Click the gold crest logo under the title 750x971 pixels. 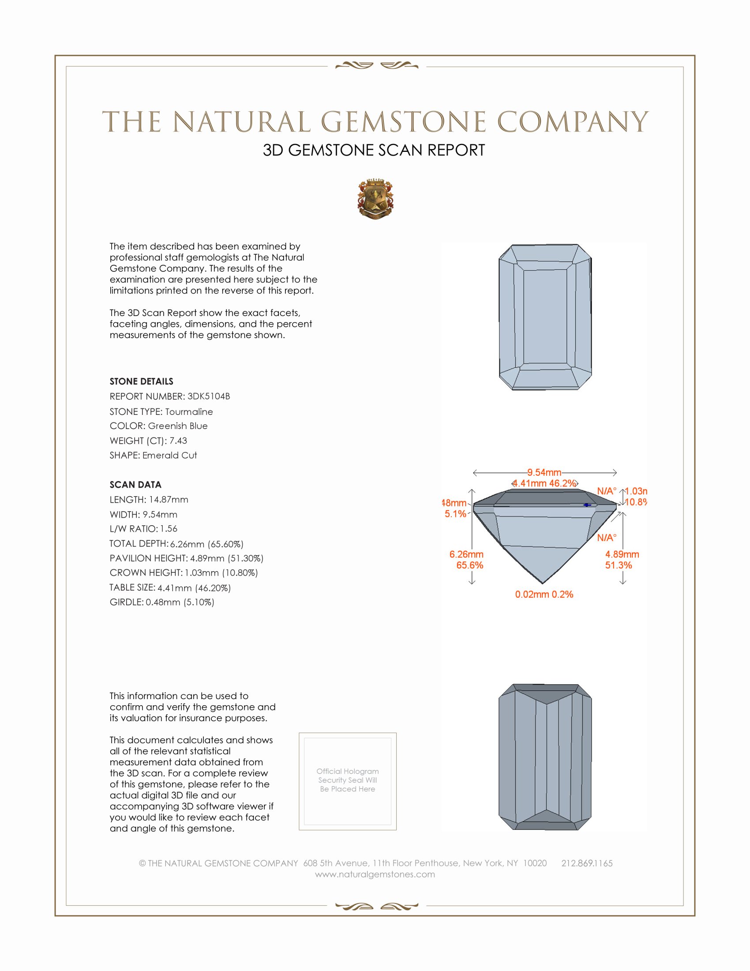point(375,199)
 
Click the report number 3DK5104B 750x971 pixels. point(208,396)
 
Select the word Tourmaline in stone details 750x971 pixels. point(189,412)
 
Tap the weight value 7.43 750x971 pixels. point(178,440)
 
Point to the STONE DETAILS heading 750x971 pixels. point(141,381)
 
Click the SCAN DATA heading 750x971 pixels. point(135,485)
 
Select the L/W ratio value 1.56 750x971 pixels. point(169,529)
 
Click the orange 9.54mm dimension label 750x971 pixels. point(544,472)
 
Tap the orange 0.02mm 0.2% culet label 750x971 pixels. point(544,595)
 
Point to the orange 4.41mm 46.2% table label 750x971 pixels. point(544,483)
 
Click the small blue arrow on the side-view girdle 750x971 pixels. point(587,505)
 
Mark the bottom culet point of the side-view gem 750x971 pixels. point(543,583)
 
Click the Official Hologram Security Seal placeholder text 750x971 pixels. point(348,780)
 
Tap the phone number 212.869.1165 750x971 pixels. point(587,863)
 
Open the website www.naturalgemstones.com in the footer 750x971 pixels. point(375,874)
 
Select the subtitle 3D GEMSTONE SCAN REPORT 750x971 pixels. point(374,150)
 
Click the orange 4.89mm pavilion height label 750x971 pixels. point(622,554)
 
